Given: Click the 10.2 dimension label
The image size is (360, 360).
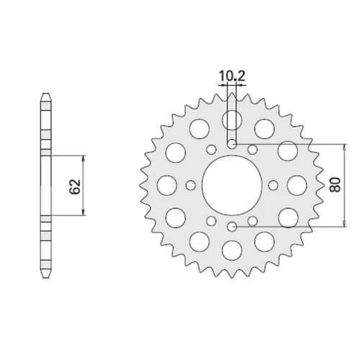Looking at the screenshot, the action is click(x=232, y=76).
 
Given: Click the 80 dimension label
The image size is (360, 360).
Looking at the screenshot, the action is click(x=335, y=184).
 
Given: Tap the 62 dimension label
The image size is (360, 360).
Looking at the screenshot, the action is click(x=75, y=186).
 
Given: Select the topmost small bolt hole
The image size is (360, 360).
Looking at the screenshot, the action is click(x=232, y=144).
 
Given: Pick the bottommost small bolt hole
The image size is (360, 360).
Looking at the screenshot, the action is click(x=232, y=226).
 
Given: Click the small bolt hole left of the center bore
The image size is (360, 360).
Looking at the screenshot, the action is click(x=191, y=185).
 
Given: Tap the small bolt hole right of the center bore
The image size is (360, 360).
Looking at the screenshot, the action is click(x=273, y=185).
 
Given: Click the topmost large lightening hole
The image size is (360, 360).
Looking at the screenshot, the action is click(x=232, y=120).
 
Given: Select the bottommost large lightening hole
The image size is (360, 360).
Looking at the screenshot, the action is click(x=232, y=251).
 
